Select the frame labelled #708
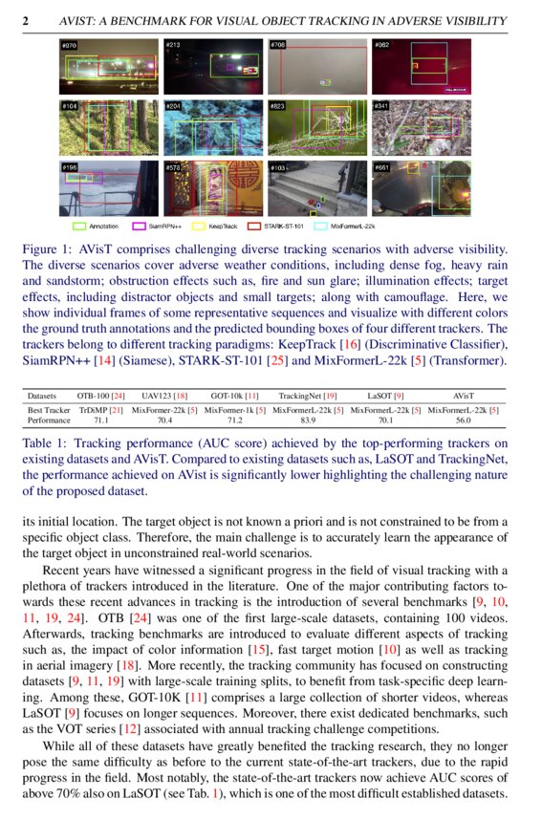coord(316,67)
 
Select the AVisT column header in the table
coord(464,395)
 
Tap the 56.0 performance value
coord(464,419)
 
